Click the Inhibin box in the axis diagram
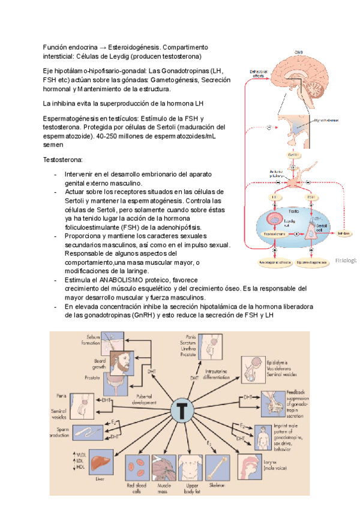[344, 232]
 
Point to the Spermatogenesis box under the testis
[311, 262]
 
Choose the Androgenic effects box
[275, 262]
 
